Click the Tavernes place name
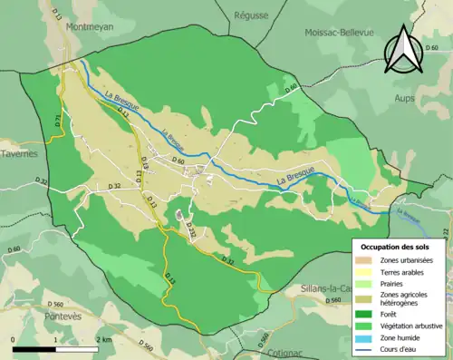(19, 154)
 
